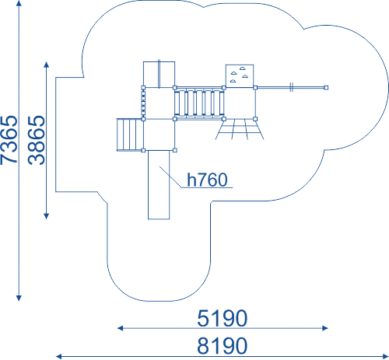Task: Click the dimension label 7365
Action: [9, 140]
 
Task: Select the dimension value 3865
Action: [37, 140]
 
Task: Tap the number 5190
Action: [223, 318]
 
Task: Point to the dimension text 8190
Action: [223, 345]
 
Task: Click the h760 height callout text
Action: [207, 180]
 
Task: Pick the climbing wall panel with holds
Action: [240, 75]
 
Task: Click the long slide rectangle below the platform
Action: [159, 185]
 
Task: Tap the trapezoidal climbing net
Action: [240, 129]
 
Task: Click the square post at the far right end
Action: [326, 88]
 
